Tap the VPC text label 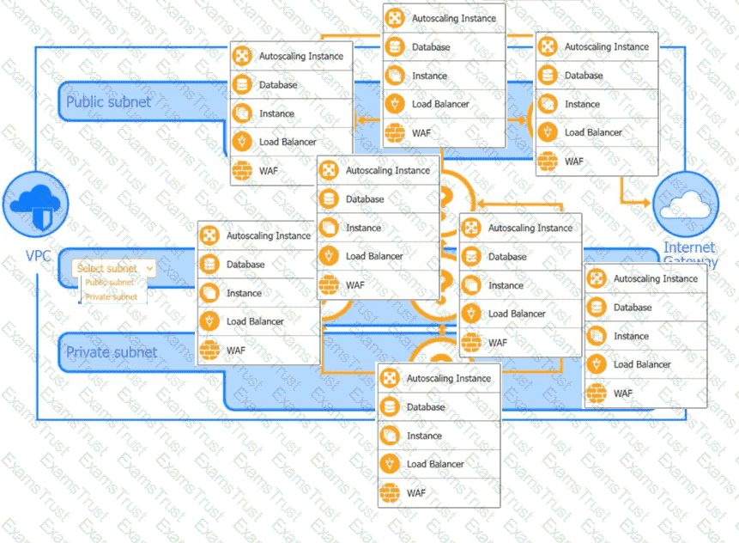pyautogui.click(x=38, y=256)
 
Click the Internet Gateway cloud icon pyautogui.click(x=685, y=204)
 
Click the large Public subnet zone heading pyautogui.click(x=108, y=102)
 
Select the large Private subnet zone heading pyautogui.click(x=112, y=352)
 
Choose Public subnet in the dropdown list pyautogui.click(x=110, y=282)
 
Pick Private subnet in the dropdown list pyautogui.click(x=111, y=296)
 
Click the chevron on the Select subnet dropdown pyautogui.click(x=150, y=268)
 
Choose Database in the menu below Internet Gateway pyautogui.click(x=633, y=308)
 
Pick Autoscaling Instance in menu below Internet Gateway pyautogui.click(x=656, y=278)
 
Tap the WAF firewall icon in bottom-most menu pyautogui.click(x=391, y=493)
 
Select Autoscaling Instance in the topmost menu pyautogui.click(x=454, y=18)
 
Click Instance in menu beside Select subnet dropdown pyautogui.click(x=245, y=293)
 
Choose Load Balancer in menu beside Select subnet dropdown pyautogui.click(x=256, y=321)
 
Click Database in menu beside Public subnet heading pyautogui.click(x=278, y=85)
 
